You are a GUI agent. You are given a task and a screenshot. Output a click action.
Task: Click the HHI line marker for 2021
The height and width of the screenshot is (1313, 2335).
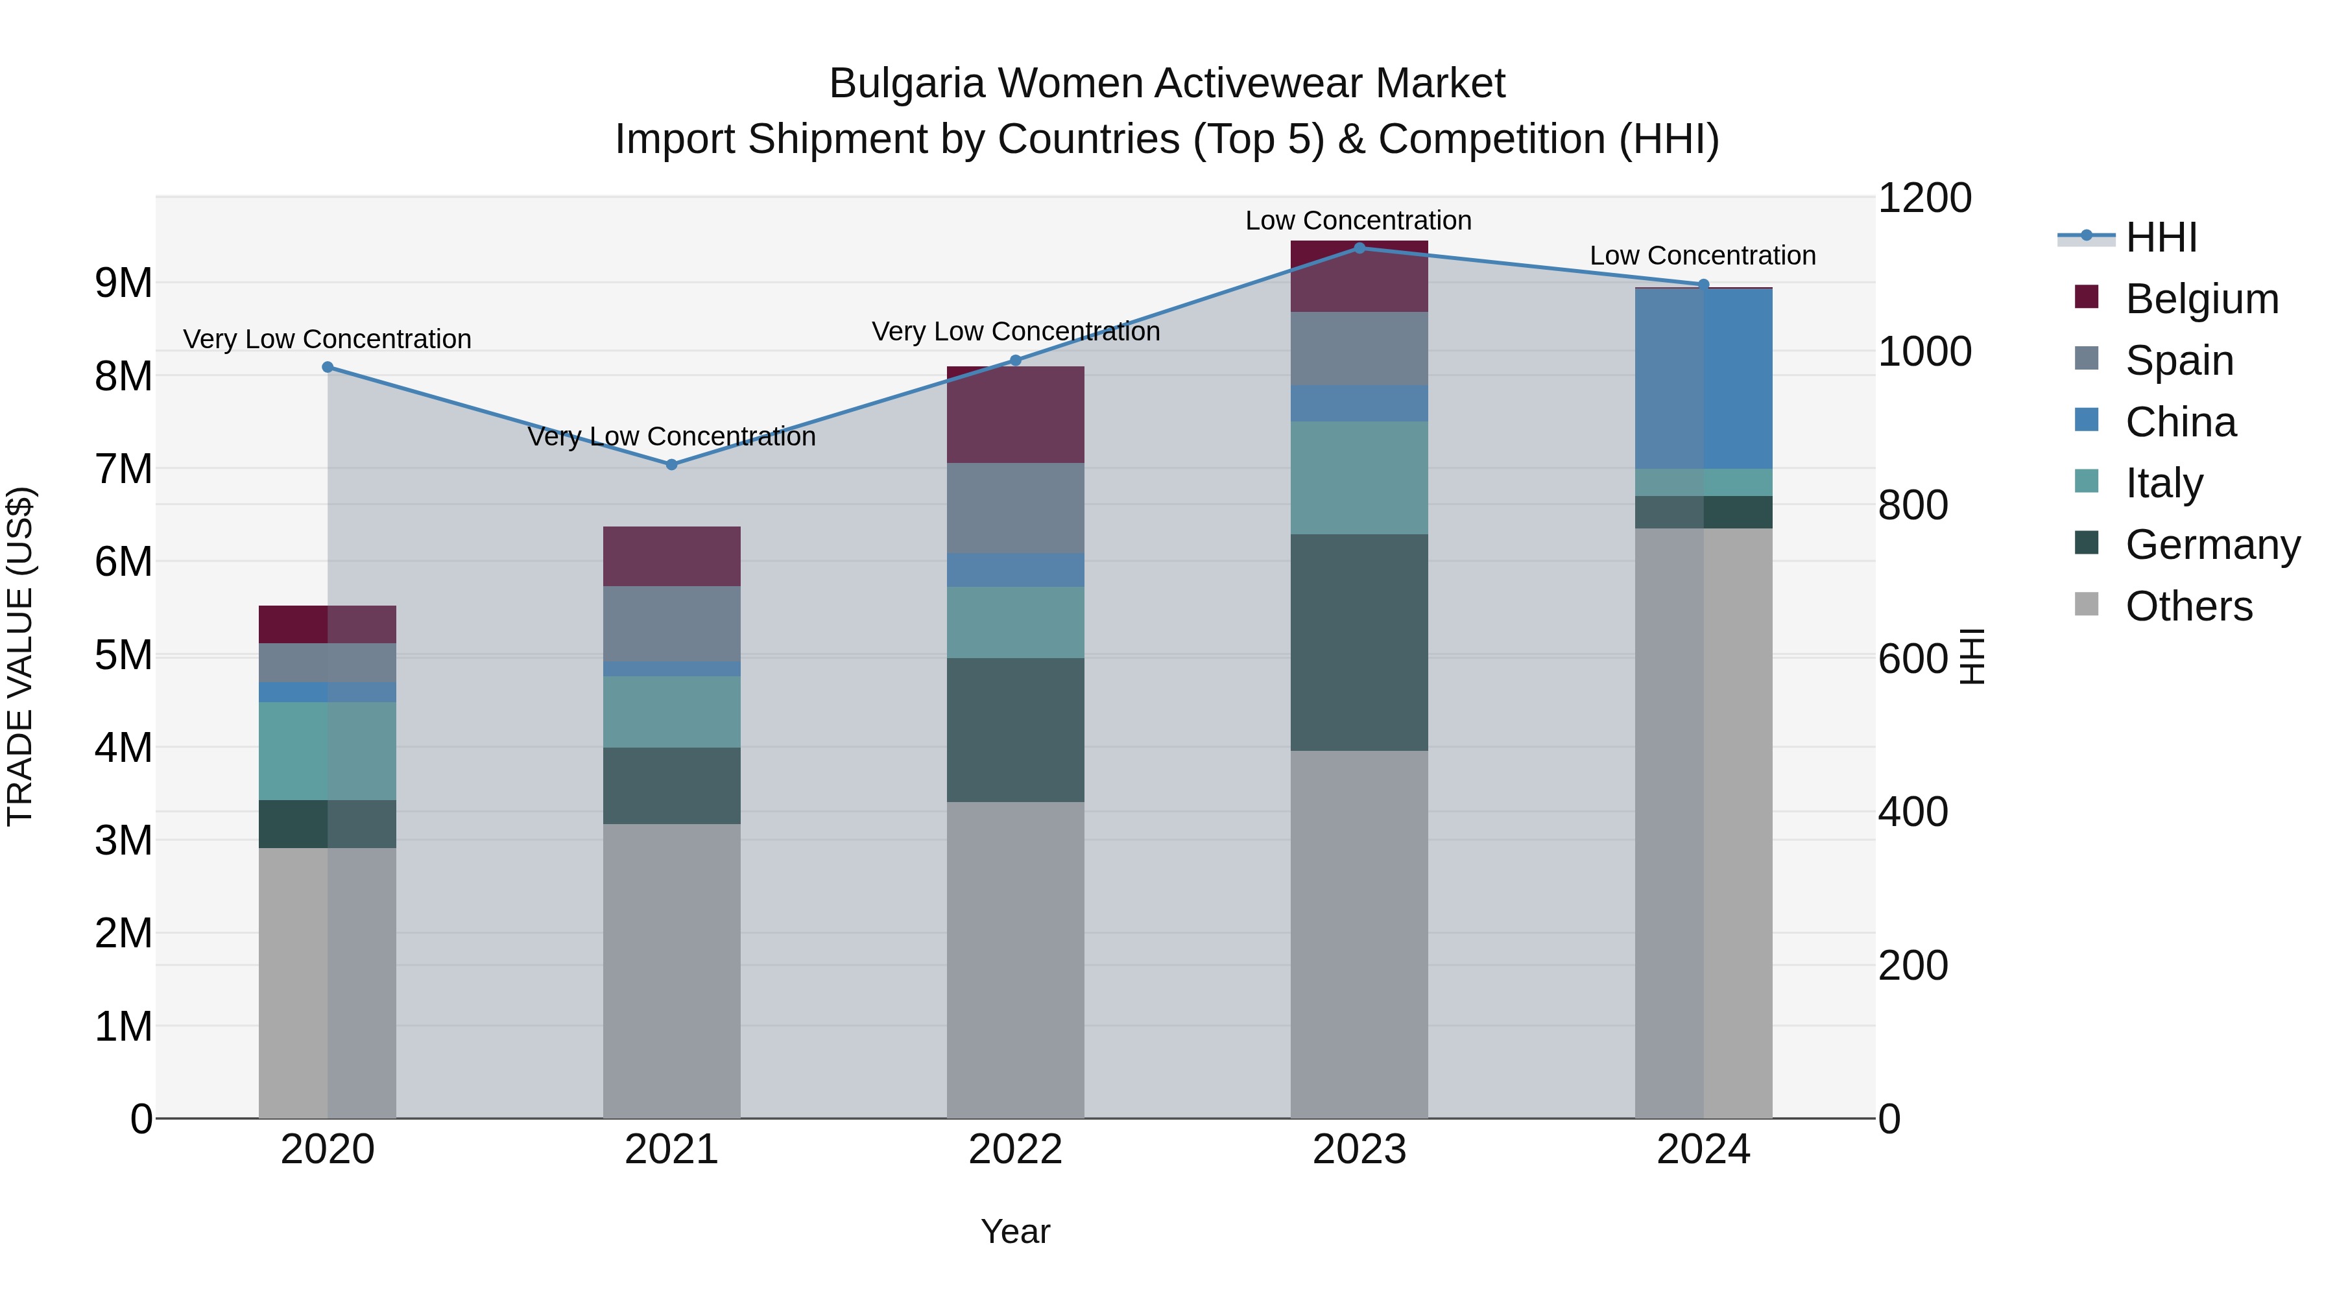[x=672, y=465]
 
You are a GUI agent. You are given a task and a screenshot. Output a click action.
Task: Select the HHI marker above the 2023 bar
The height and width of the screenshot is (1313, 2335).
[x=1359, y=248]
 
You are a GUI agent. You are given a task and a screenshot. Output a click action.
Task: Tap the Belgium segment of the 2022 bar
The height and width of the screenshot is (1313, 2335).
[x=1015, y=415]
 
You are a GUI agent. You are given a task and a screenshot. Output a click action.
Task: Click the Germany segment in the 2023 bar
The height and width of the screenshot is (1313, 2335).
[x=1359, y=643]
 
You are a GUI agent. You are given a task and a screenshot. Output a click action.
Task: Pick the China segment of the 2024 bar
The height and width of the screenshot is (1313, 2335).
[x=1703, y=379]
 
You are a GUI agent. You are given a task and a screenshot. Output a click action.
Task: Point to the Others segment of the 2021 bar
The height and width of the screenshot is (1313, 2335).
[x=672, y=971]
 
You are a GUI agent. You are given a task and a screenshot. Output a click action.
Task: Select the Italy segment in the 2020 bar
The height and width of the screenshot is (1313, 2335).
[x=328, y=751]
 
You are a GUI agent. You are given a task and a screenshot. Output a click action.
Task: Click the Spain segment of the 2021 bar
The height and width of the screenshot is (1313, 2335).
[x=672, y=624]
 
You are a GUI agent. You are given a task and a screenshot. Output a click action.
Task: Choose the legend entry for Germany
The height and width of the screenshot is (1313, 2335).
[x=2212, y=545]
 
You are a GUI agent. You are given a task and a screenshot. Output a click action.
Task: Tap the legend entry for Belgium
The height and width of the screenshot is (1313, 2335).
[x=2201, y=299]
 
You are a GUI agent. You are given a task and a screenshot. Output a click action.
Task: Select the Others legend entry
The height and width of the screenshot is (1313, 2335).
[x=2188, y=607]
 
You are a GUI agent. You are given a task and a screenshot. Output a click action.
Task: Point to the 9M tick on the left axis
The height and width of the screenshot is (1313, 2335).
[x=123, y=283]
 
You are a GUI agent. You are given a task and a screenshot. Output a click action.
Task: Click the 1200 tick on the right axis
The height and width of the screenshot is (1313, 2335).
[x=1924, y=198]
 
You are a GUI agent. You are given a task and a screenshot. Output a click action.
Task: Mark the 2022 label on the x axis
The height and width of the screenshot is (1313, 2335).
[x=1015, y=1150]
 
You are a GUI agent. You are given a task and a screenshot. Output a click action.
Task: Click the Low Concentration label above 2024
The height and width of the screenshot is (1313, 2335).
[x=1703, y=256]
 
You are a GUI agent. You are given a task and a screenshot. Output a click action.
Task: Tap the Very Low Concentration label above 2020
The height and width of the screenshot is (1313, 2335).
[x=328, y=340]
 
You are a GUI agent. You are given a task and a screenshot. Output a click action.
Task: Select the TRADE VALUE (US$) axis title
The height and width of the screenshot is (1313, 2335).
[x=21, y=656]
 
